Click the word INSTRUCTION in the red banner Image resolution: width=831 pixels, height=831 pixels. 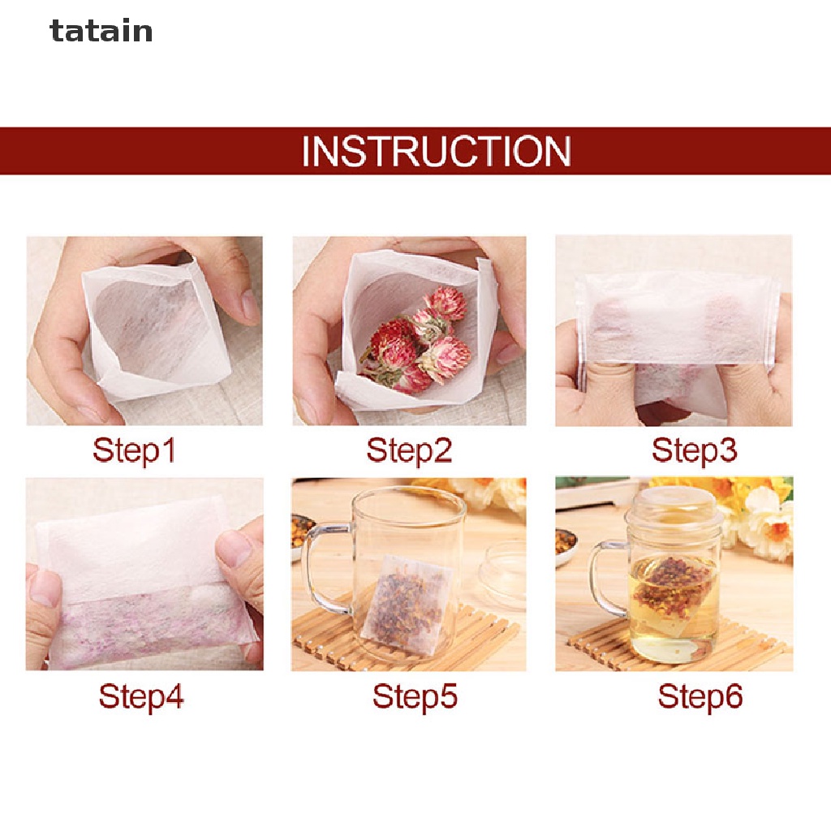tap(436, 152)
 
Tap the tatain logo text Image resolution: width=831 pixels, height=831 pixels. tap(101, 32)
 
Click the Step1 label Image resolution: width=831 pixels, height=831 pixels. tap(134, 450)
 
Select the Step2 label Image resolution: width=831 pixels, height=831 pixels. tap(408, 450)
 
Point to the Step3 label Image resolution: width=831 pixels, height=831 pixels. tap(694, 450)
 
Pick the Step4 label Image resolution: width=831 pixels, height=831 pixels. tap(141, 696)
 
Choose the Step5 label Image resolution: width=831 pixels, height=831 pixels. tap(415, 696)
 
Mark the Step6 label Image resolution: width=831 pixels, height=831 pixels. tap(700, 696)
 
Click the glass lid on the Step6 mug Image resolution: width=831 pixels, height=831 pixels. tap(673, 508)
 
